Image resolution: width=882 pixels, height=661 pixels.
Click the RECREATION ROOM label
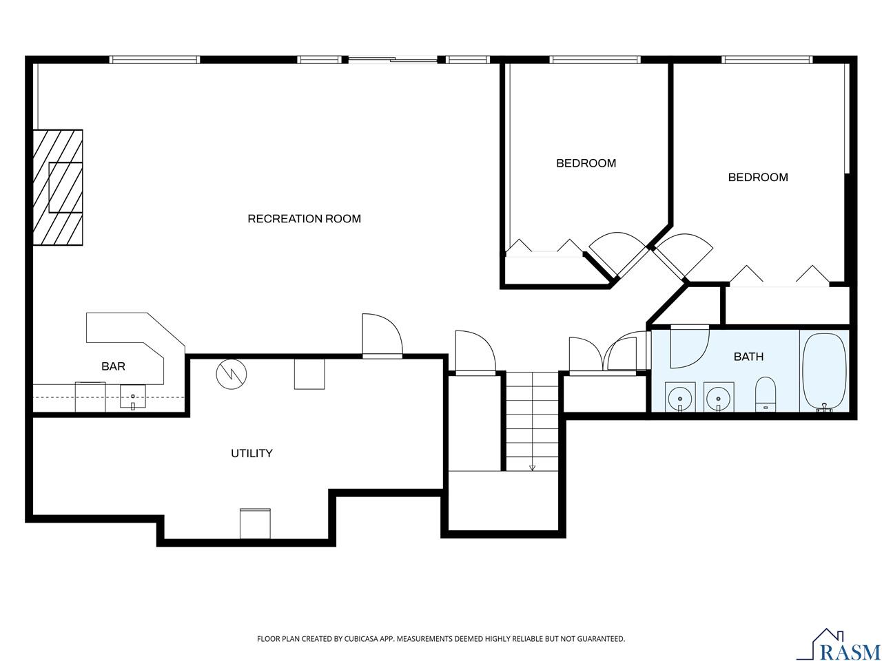coord(304,219)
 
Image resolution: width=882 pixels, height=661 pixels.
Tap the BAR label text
coord(113,366)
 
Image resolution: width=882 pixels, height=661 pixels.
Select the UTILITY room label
coord(252,453)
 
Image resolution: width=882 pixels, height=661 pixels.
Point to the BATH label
coord(748,357)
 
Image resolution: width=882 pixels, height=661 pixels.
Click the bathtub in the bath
coord(824,372)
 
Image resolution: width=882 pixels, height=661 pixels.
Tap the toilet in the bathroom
coord(766,394)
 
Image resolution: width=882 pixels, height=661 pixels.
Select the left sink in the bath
coord(680,398)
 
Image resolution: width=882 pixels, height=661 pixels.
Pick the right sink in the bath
coord(718,398)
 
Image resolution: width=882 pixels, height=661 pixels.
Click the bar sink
coord(133,397)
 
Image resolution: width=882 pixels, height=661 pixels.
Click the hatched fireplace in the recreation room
coord(59,187)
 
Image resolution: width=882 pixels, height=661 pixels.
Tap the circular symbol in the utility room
coord(232,373)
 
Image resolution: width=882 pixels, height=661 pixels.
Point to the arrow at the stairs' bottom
coord(532,468)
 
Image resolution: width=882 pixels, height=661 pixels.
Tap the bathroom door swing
coord(687,348)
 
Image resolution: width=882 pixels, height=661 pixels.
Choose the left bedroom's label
coord(586,163)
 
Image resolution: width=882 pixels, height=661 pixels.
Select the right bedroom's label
coord(758,177)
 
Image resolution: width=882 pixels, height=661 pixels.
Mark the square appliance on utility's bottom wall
coord(255,523)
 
